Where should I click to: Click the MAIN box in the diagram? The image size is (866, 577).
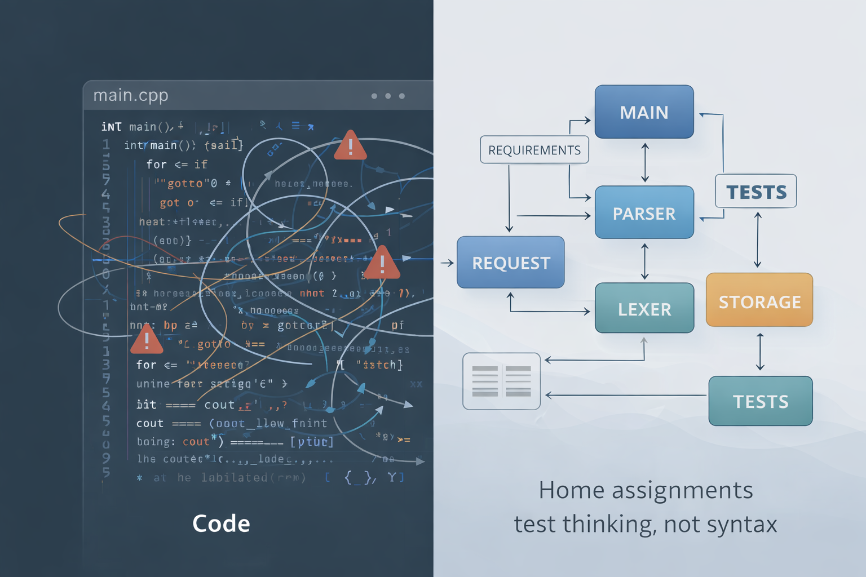click(x=644, y=112)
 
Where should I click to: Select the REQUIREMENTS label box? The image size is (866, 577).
click(x=534, y=150)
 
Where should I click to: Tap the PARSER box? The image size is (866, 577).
click(x=644, y=213)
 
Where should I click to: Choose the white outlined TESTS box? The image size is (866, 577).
click(x=755, y=192)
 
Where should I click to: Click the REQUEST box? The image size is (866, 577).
click(x=510, y=263)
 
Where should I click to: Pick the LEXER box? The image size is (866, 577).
click(x=644, y=308)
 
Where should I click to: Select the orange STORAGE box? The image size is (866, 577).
click(x=759, y=301)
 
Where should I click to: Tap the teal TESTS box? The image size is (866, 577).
click(x=760, y=401)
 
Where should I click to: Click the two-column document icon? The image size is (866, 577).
click(x=501, y=381)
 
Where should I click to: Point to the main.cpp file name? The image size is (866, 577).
click(x=131, y=95)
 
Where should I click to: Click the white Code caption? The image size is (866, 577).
click(x=221, y=523)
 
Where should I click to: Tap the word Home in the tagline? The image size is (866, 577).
click(x=572, y=490)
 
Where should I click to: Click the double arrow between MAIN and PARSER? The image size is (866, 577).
click(x=645, y=162)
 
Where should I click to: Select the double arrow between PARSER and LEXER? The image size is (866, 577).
click(x=644, y=261)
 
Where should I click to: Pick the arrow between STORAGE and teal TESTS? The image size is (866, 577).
click(x=760, y=352)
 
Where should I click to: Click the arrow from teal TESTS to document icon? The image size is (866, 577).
click(x=626, y=396)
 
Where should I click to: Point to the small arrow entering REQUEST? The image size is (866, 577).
click(x=447, y=263)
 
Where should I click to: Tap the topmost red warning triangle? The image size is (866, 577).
click(x=350, y=147)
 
